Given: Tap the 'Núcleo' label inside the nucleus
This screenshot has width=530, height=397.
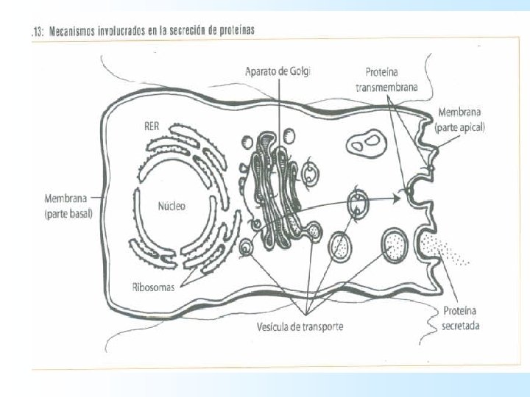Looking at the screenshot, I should [x=172, y=206].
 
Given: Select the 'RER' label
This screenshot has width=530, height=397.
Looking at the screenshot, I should [x=150, y=125].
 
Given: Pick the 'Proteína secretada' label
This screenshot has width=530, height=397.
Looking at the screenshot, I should [x=461, y=318].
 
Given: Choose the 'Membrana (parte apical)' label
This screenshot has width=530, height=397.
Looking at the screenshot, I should [x=461, y=120].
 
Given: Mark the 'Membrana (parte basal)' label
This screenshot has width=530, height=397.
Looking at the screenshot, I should [x=67, y=206].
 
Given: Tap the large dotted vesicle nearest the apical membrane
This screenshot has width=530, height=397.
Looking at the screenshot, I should [x=395, y=245].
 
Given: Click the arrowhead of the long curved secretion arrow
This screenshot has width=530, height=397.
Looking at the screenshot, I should [x=398, y=197].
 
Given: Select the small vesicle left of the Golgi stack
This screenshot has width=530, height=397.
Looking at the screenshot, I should [x=247, y=248].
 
